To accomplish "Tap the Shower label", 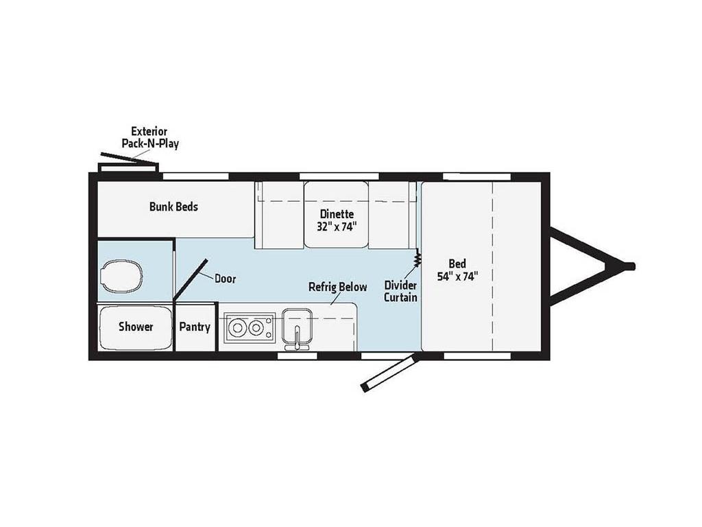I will click(136, 327).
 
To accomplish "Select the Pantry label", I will click(195, 327).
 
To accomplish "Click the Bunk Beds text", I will click(173, 206).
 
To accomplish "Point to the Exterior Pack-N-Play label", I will click(149, 137).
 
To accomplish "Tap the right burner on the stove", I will click(258, 327).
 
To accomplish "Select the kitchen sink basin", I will click(297, 321).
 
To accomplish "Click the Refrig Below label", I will click(337, 287).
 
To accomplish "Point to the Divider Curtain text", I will click(400, 291).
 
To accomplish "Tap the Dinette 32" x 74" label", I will click(336, 219).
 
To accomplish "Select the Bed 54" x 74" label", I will click(457, 270).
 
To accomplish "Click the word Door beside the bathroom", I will click(225, 279).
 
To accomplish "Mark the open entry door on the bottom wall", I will click(387, 374).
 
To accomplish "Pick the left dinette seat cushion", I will click(279, 215).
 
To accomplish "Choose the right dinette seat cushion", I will click(391, 215).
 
